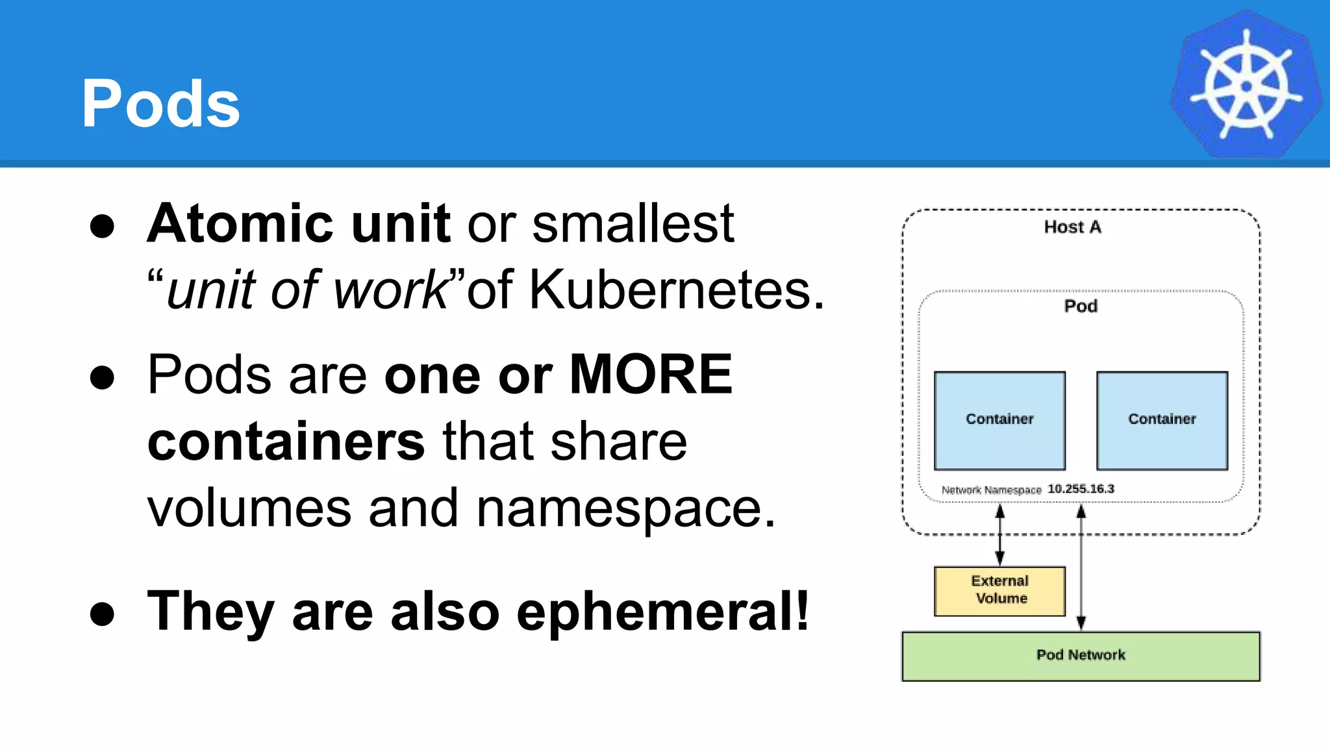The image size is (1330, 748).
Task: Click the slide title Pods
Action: click(160, 104)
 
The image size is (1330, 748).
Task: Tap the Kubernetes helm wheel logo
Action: click(1246, 85)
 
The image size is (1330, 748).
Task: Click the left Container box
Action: click(999, 420)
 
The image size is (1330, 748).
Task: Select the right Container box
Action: click(1162, 420)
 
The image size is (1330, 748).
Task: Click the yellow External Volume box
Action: click(999, 590)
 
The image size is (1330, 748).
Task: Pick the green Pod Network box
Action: click(1081, 656)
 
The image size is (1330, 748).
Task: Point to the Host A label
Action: click(1072, 227)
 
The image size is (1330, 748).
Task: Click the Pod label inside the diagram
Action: click(1081, 306)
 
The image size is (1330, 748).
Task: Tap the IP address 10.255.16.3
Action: click(1081, 488)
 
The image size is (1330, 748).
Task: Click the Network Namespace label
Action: click(991, 490)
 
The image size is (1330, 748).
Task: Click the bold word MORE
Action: click(651, 375)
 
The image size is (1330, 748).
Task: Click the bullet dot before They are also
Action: click(103, 614)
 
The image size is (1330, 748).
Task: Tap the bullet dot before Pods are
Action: click(103, 377)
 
